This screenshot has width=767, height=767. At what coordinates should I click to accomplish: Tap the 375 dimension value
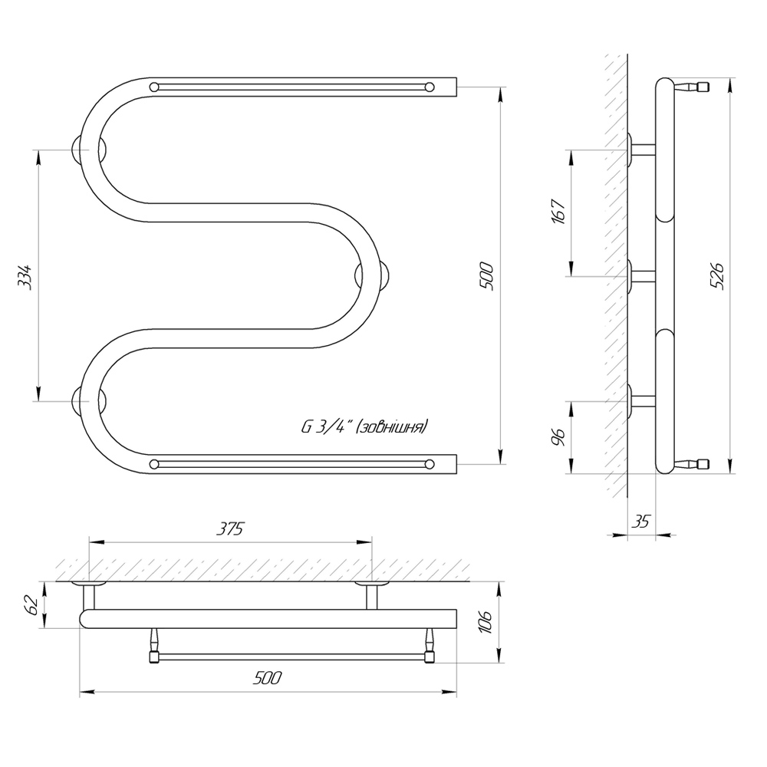230,528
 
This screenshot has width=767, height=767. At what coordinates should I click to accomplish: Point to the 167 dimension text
559,212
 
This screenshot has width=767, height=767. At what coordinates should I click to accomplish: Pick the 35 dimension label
640,522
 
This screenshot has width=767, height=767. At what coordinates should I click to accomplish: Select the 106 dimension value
487,622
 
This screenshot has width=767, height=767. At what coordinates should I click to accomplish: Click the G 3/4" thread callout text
364,426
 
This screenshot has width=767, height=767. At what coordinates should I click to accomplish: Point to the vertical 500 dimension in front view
487,276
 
